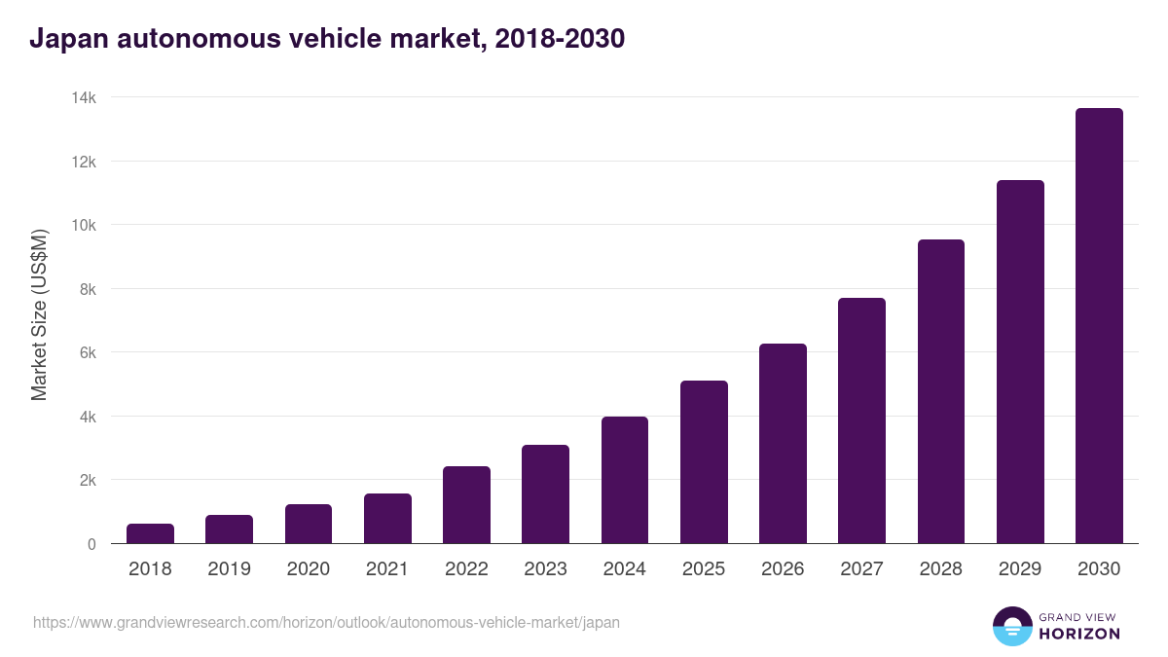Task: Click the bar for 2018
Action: (150, 533)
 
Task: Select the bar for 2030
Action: (1099, 326)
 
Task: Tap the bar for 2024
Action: (624, 480)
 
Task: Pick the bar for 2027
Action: (861, 420)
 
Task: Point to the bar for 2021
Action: (387, 519)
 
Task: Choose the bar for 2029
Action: (1020, 362)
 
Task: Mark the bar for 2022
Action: (466, 505)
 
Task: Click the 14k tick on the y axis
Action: (84, 97)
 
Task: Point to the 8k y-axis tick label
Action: (87, 289)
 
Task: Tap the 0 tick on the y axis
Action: (91, 544)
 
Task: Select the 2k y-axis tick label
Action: (87, 481)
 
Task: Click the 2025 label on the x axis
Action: (704, 569)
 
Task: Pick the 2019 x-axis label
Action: (229, 569)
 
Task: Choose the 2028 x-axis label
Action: (941, 569)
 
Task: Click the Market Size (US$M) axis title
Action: (39, 315)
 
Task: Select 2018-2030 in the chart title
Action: (560, 39)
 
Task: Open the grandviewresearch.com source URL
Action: (326, 622)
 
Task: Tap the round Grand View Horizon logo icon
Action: (1012, 626)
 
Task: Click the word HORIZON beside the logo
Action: (1079, 634)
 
